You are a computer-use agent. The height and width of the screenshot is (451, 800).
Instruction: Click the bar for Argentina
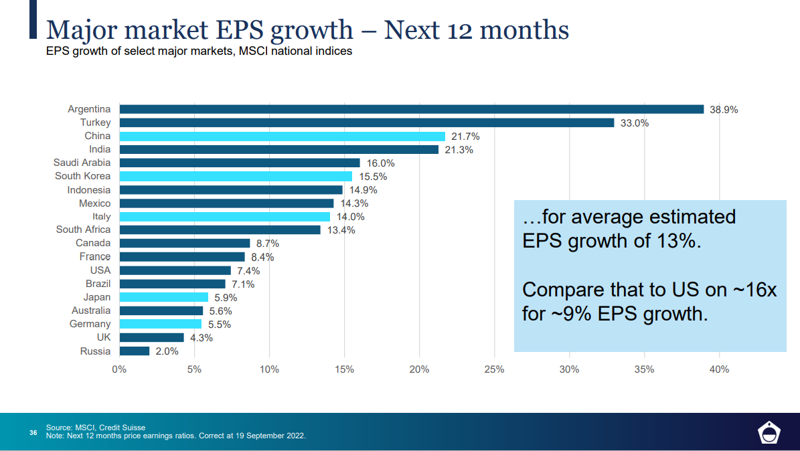click(x=411, y=109)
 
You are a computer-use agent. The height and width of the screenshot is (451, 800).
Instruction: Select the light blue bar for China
click(x=282, y=136)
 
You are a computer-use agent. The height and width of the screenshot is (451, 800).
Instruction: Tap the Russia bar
click(x=134, y=351)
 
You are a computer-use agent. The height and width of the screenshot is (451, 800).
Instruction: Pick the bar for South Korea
click(x=236, y=176)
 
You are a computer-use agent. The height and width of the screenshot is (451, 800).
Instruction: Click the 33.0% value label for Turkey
click(x=634, y=123)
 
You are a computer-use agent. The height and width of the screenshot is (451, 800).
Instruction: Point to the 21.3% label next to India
click(x=459, y=150)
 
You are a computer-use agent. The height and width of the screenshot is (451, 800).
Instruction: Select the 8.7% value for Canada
click(x=267, y=244)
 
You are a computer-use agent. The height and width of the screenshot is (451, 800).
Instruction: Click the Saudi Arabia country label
click(x=82, y=163)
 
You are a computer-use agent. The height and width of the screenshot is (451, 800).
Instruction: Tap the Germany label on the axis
click(x=90, y=324)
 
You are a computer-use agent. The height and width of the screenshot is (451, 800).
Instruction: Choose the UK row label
click(x=103, y=337)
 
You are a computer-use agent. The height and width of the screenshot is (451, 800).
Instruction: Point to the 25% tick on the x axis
click(x=494, y=369)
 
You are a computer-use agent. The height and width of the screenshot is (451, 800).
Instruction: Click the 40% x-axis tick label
click(x=719, y=369)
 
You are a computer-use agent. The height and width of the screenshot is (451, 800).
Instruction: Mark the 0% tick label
click(x=119, y=369)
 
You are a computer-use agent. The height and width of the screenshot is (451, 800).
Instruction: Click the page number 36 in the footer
click(x=33, y=432)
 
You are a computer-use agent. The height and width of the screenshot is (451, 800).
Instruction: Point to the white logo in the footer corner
click(x=768, y=433)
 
